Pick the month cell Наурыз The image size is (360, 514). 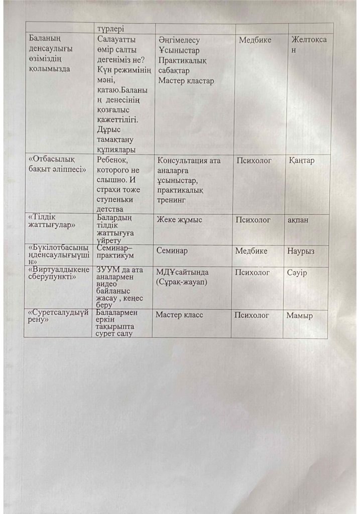300,250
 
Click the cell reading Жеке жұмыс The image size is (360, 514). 179,220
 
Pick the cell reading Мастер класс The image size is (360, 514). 179,315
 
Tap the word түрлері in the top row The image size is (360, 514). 111,29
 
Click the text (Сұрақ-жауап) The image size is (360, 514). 182,282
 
